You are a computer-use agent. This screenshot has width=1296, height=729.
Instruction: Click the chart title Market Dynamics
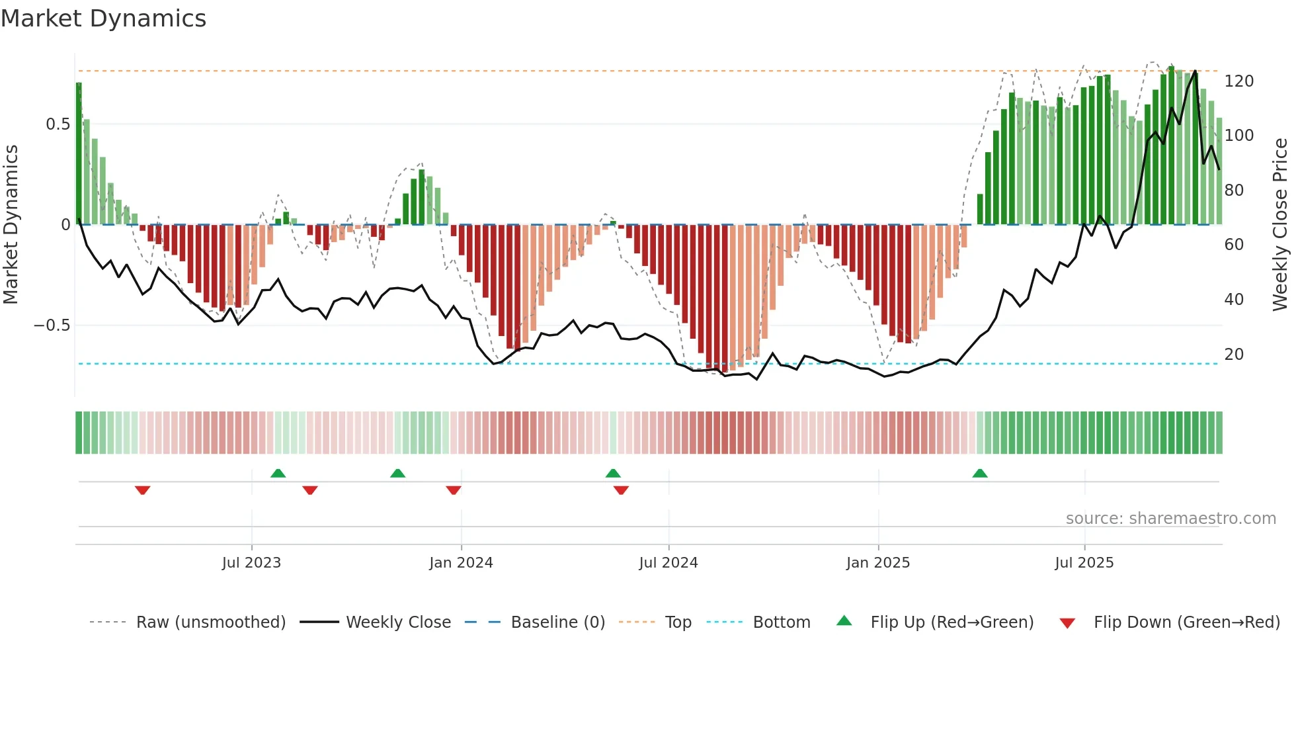point(104,19)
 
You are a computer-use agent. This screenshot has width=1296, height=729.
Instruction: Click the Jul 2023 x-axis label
point(251,563)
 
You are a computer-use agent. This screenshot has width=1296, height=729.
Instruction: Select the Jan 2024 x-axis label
point(461,563)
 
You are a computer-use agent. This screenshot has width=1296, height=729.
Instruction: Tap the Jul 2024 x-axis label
point(668,563)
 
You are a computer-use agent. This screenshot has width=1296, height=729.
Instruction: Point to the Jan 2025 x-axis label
point(878,563)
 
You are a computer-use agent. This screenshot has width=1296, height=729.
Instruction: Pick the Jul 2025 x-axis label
point(1084,563)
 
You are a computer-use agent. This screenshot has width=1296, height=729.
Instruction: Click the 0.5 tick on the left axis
point(58,124)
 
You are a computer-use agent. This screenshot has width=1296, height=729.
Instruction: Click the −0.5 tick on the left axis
point(52,325)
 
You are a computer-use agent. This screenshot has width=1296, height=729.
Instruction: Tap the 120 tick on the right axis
point(1239,81)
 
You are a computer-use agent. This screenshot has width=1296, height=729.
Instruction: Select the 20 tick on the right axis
point(1234,355)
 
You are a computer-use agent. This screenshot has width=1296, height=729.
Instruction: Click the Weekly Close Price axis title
point(1280,225)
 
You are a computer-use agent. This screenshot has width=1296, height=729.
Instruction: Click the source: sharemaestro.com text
point(1170,519)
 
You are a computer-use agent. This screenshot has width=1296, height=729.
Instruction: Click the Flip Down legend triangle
point(1067,623)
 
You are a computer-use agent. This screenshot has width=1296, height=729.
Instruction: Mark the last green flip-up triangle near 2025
point(980,473)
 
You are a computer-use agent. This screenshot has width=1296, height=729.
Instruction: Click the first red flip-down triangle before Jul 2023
point(143,490)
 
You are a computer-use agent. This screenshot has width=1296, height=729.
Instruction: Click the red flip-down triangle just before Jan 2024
point(454,490)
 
